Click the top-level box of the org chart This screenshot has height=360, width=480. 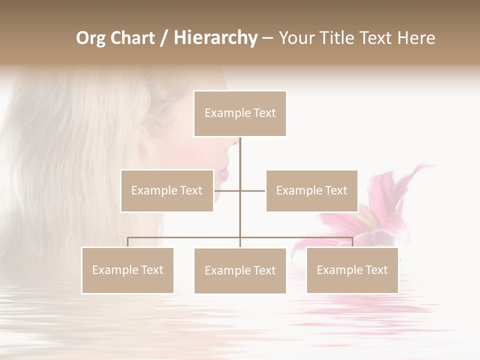coord(240,113)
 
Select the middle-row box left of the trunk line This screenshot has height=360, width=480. coord(167,190)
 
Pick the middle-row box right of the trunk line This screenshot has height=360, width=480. coord(311,190)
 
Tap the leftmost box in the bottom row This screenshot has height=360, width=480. coord(127,270)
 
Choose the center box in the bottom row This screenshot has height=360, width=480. coord(240,270)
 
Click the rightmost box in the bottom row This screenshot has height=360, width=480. coord(352,270)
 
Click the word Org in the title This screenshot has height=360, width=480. coord(90,38)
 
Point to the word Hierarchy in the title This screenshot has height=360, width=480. coord(215,38)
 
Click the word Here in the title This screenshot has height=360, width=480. coord(416,38)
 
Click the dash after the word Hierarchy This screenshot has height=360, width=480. coord(267,38)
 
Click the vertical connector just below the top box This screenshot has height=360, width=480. coord(240,150)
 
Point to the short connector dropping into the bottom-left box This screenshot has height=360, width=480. coord(128,242)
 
